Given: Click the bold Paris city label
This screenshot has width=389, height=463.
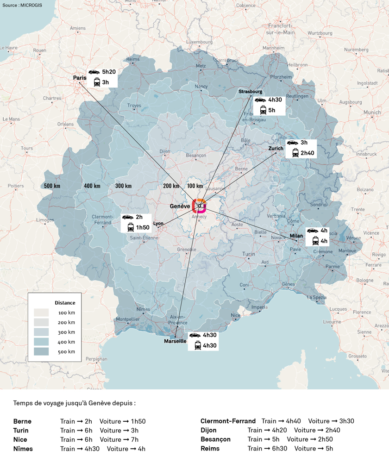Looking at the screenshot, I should [x=80, y=78].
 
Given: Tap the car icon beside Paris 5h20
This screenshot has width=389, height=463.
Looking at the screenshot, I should [x=94, y=72].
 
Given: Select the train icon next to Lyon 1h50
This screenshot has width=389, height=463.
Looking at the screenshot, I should [x=131, y=227].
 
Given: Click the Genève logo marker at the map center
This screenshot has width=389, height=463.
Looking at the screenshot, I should [x=199, y=206].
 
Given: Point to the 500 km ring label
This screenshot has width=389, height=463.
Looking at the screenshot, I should [x=52, y=186].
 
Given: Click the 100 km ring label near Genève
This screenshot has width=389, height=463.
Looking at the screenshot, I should [x=194, y=186].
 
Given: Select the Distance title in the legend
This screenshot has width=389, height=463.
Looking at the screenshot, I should [x=65, y=303].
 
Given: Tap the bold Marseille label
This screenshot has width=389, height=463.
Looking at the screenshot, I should [x=175, y=341].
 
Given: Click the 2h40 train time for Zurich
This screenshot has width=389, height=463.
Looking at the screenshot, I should [x=307, y=153].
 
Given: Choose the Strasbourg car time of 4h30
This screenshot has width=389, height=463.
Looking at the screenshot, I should [x=275, y=100].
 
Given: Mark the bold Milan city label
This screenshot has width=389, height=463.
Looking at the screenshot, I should [x=296, y=236].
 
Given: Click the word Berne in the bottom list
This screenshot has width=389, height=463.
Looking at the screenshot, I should [x=23, y=421].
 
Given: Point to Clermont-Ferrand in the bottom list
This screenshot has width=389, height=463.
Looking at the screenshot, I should [x=228, y=421].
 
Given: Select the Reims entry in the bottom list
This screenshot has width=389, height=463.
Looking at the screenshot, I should [x=210, y=448].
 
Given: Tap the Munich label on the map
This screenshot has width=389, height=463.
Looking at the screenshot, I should [x=372, y=113].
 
